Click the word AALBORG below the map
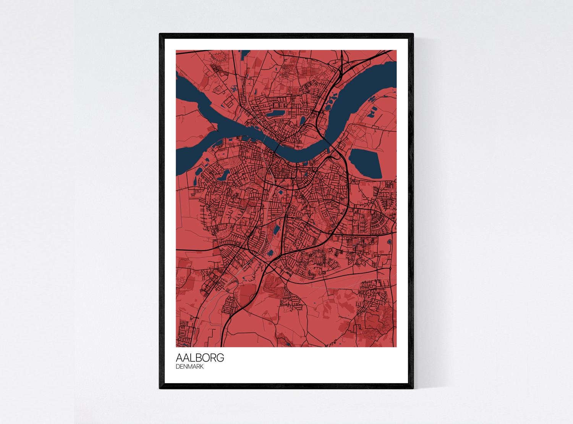click(x=200, y=358)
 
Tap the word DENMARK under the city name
click(x=189, y=367)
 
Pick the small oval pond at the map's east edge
click(x=389, y=242)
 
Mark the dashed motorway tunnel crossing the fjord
click(x=329, y=142)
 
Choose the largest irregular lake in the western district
click(x=222, y=176)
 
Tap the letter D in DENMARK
click(x=178, y=367)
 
